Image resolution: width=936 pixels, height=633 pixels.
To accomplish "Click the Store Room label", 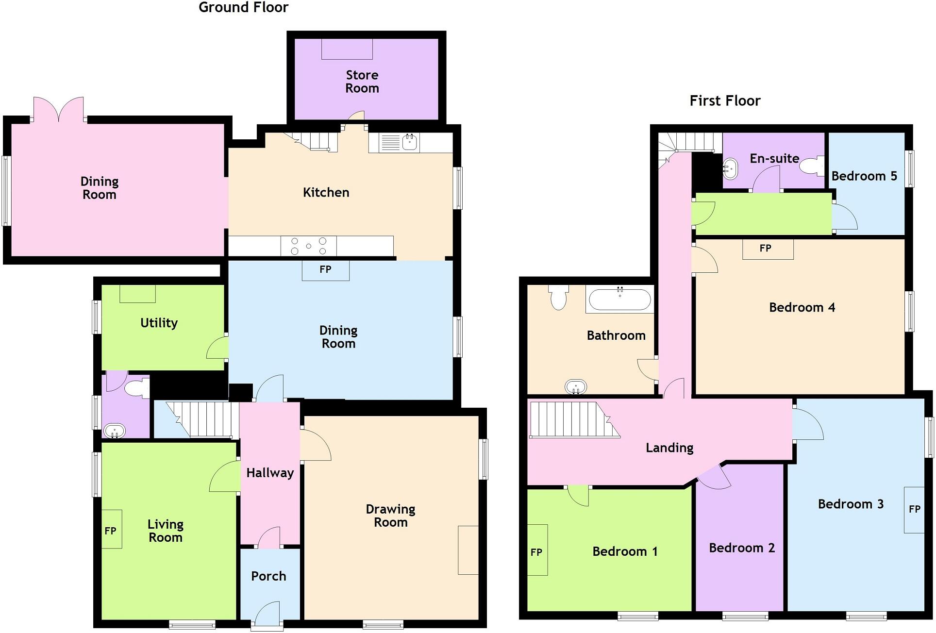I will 362,82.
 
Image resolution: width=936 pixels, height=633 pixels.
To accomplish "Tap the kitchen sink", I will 410,142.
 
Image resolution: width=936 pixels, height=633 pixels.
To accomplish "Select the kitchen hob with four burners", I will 308,246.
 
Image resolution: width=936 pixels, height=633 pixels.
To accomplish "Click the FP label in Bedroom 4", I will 765,249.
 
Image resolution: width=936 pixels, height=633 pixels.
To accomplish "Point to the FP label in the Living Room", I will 110,531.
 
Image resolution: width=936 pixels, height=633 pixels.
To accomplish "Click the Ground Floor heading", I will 243,7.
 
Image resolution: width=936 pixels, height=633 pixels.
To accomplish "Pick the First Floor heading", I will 725,101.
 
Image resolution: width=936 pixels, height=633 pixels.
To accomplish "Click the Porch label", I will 268,576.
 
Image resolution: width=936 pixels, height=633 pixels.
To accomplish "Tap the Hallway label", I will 270,473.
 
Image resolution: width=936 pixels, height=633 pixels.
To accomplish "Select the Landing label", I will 669,448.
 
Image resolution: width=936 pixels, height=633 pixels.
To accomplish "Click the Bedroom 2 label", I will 741,548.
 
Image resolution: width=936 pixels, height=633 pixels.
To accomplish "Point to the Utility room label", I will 159,323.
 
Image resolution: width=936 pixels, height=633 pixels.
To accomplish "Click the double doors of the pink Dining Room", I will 59,110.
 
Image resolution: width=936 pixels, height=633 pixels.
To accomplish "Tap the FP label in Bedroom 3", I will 914,509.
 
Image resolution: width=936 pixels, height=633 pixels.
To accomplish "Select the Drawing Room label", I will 390,516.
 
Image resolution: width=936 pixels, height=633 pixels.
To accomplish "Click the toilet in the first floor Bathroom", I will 559,297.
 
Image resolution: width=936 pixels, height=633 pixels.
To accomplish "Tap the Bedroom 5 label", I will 864,176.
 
